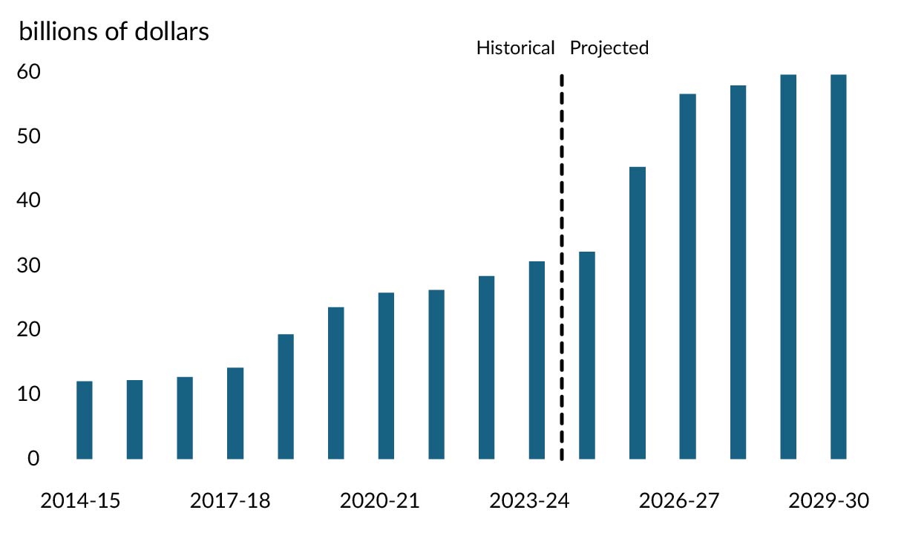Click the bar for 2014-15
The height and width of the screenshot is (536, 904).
click(x=85, y=420)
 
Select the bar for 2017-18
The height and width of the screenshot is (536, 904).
click(x=235, y=414)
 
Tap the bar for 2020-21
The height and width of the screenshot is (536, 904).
click(x=386, y=376)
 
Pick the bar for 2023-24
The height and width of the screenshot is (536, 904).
click(x=537, y=360)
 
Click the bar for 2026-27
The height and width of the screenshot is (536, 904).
click(x=687, y=276)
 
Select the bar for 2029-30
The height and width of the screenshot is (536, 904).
click(x=838, y=267)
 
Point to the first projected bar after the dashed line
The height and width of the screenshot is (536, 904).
click(x=587, y=355)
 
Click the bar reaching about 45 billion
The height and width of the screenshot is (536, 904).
click(x=638, y=313)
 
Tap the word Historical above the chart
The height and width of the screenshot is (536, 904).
click(x=515, y=48)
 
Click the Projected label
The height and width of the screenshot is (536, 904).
click(x=609, y=48)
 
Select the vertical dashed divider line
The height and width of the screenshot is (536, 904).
click(x=562, y=267)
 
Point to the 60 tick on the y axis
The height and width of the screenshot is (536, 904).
click(x=29, y=72)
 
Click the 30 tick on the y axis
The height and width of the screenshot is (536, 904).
click(x=29, y=266)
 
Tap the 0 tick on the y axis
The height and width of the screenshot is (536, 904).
click(x=34, y=459)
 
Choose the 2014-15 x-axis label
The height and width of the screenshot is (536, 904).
click(x=80, y=501)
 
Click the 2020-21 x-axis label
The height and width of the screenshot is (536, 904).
click(x=379, y=501)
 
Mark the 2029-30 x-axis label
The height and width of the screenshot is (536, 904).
click(x=828, y=501)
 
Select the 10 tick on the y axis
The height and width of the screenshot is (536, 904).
click(x=29, y=394)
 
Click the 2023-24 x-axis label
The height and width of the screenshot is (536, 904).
click(x=529, y=501)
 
